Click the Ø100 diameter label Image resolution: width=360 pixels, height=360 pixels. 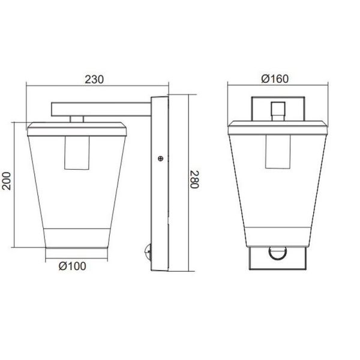tap(73, 267)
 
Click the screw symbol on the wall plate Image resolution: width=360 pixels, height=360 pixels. tap(160, 158)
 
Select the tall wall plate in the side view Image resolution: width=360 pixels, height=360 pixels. tap(161, 186)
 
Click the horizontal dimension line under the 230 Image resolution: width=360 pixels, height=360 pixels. tap(60, 86)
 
